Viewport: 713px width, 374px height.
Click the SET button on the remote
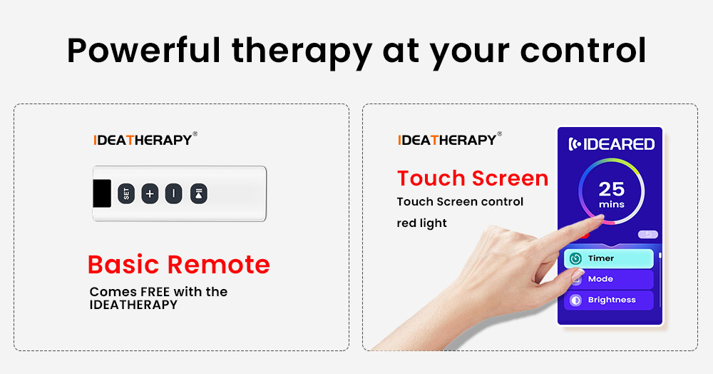(x=126, y=193)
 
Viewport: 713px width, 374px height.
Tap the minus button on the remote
(x=174, y=193)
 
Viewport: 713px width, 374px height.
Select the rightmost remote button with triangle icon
(x=199, y=193)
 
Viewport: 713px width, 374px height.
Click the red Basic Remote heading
(x=178, y=265)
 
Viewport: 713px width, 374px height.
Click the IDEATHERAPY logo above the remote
(x=145, y=140)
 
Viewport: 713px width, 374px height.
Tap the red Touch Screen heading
(x=472, y=178)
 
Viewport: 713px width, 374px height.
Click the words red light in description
(x=421, y=223)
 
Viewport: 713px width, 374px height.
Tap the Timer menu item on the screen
(x=608, y=258)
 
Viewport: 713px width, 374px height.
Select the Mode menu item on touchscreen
(x=608, y=279)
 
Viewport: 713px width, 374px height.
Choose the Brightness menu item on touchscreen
(x=608, y=300)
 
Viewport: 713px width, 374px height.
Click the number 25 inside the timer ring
(x=611, y=189)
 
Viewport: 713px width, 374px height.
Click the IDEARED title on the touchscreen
(x=610, y=144)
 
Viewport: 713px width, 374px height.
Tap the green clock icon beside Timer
(x=575, y=258)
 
